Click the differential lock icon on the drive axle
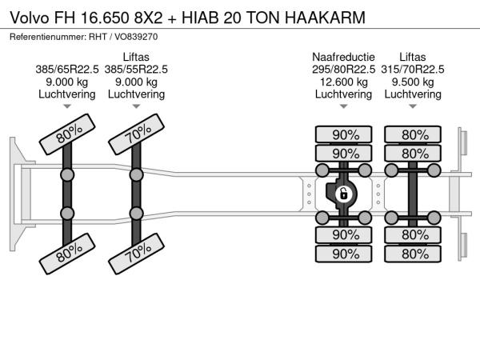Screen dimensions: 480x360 pos(343,194)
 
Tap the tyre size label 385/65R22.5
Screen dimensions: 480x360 pos(67,70)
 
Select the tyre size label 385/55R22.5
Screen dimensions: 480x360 pos(136,70)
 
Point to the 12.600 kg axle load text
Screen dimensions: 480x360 pos(343,82)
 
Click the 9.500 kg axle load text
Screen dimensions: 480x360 pos(413,82)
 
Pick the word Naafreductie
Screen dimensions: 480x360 pos(343,57)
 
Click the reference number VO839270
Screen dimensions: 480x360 pos(136,37)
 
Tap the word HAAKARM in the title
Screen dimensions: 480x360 pos(325,18)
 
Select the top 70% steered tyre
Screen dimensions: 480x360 pos(136,134)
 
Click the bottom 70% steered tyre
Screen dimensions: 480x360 pos(136,254)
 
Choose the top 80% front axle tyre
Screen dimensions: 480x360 pos(67,134)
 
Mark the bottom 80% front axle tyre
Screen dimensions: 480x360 pos(67,254)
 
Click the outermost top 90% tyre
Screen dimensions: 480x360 pos(343,134)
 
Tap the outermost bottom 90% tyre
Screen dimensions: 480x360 pos(343,254)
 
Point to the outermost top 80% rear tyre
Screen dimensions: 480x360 pos(413,134)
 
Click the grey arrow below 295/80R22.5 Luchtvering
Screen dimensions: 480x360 pos(343,106)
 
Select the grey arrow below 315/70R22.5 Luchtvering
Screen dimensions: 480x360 pos(413,106)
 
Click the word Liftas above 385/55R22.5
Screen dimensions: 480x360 pos(136,57)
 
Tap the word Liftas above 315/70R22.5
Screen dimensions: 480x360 pos(413,57)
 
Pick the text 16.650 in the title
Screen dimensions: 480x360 pos(105,18)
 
